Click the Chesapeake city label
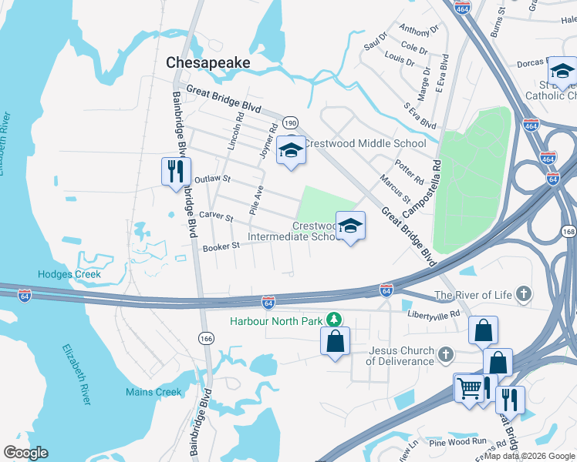coord(208,62)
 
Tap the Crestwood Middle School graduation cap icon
coord(291,149)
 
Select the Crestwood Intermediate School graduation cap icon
coord(350,226)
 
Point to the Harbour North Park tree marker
coord(333,318)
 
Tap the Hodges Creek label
coord(69,274)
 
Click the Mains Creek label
coord(154,392)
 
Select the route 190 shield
coord(290,122)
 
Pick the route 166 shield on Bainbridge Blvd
coord(206,339)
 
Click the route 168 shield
coord(569,232)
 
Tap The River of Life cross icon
coord(523,294)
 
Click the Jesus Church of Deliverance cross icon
coord(444,355)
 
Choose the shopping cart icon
coord(468,388)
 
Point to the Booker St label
coord(222,246)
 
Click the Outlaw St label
coord(213,179)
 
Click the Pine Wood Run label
coord(458,442)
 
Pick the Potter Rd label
coord(410,175)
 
